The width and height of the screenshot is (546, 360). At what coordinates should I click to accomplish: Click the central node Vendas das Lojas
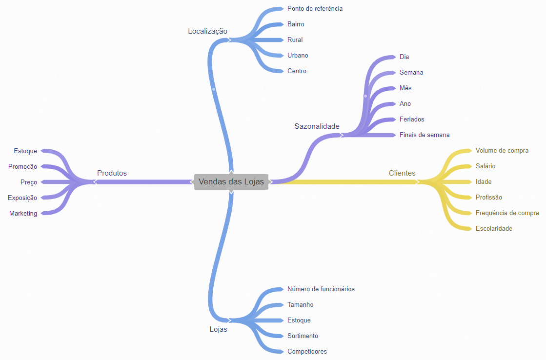tap(231, 181)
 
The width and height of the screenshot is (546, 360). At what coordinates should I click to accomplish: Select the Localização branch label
tap(207, 31)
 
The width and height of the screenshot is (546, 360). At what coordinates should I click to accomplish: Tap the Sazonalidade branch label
tap(317, 126)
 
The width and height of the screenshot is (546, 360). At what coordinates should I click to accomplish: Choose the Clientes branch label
tap(402, 173)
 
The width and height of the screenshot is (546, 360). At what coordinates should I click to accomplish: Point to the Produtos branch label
tap(112, 173)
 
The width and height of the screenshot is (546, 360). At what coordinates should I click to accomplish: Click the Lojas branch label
tap(218, 329)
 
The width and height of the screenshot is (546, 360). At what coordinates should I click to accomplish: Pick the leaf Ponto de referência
tap(315, 8)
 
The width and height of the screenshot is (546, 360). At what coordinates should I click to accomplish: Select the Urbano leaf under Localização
tap(298, 55)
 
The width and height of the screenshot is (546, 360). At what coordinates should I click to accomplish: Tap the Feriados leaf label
tap(412, 119)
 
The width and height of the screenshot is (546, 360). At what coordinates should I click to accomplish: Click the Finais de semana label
tap(425, 135)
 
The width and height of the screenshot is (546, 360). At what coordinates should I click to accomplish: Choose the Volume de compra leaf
tap(502, 150)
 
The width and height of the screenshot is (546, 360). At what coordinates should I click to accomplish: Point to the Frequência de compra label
tap(507, 213)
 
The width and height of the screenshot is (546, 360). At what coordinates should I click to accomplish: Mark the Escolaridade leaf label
tap(494, 228)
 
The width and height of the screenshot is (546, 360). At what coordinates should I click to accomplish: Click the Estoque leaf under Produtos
tap(25, 151)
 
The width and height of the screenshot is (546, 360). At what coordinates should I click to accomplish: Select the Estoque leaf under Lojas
tap(299, 320)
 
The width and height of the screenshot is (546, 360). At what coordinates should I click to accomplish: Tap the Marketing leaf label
tap(23, 213)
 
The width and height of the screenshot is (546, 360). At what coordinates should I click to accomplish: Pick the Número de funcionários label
tap(321, 289)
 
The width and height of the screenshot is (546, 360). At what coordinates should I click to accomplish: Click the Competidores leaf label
tap(307, 351)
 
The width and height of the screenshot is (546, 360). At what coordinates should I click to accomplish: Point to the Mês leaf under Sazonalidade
tap(405, 88)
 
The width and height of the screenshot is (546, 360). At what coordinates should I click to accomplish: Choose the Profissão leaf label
tap(488, 197)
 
